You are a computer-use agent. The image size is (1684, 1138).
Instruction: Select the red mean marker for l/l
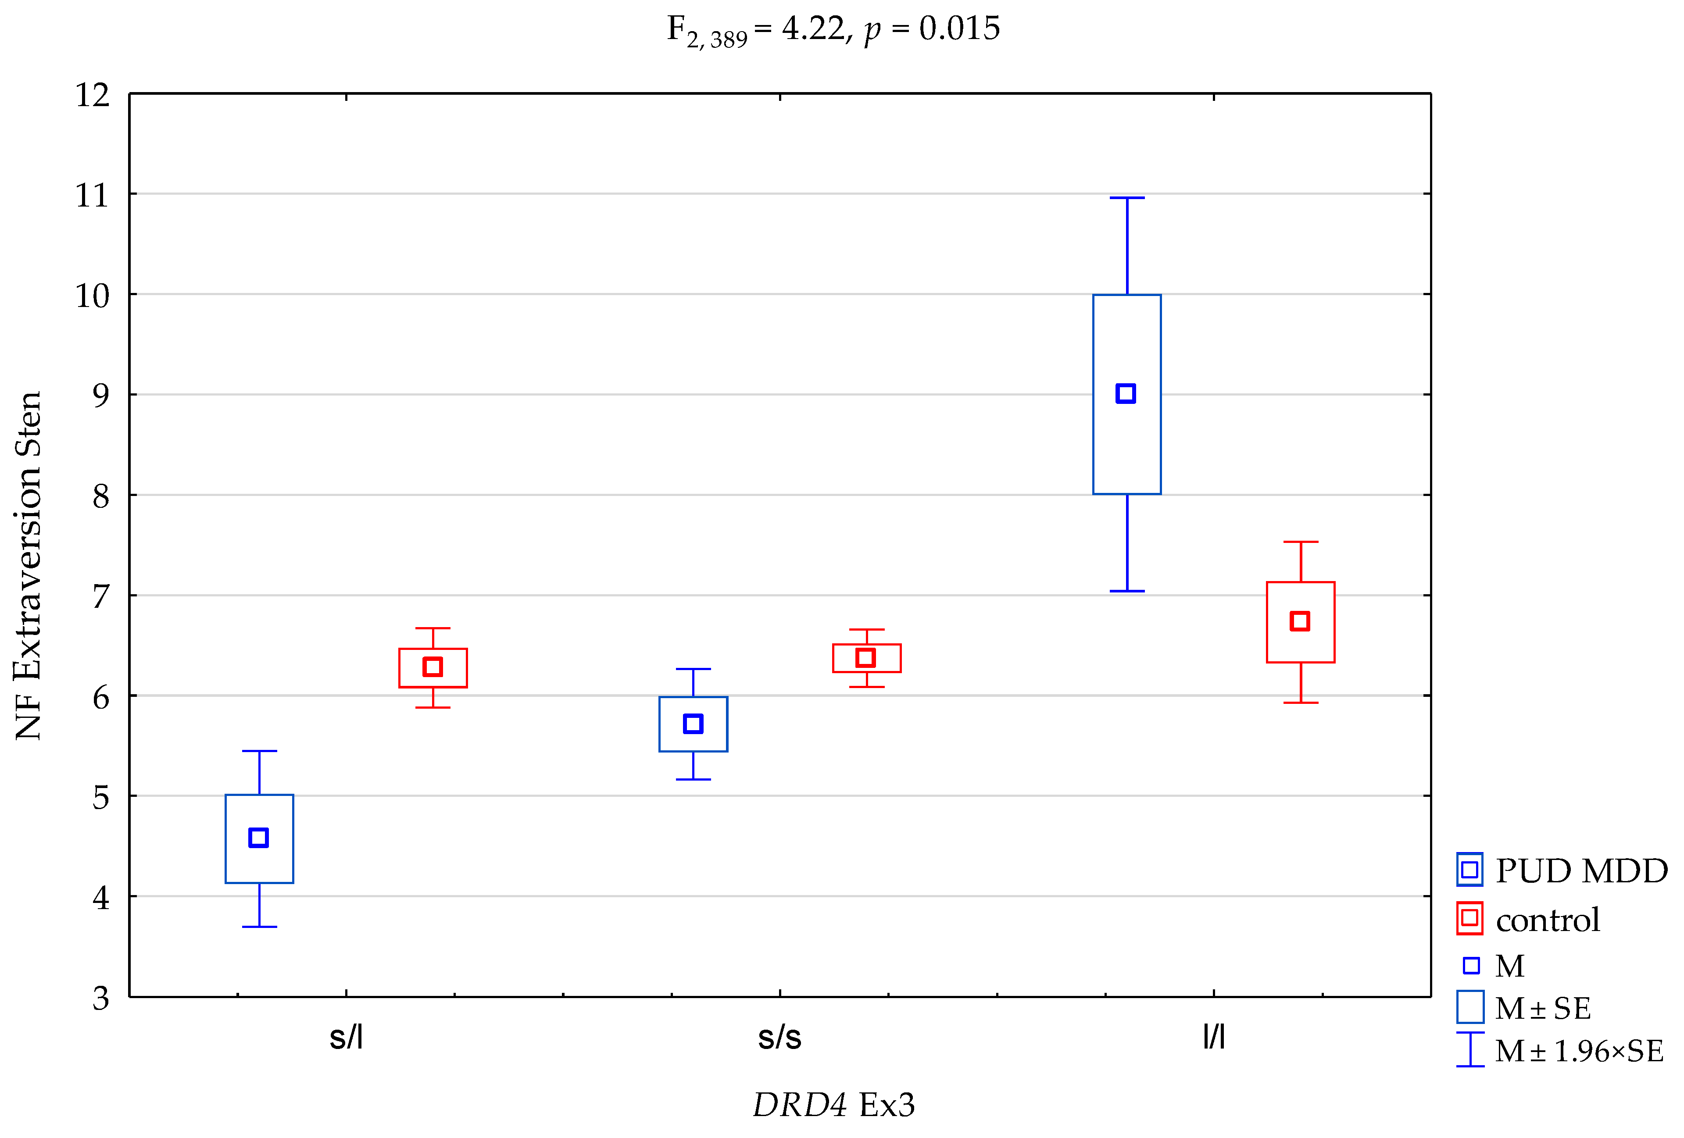pyautogui.click(x=1300, y=621)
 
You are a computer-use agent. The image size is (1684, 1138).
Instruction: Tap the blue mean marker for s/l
pyautogui.click(x=259, y=837)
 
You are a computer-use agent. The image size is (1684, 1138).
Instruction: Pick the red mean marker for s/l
pyautogui.click(x=433, y=667)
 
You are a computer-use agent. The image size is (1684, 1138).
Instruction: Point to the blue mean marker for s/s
pyautogui.click(x=693, y=724)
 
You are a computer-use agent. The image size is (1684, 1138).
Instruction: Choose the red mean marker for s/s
pyautogui.click(x=866, y=658)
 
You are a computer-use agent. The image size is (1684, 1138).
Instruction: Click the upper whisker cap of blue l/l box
pyautogui.click(x=1127, y=198)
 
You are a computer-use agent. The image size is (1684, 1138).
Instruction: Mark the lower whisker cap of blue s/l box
pyautogui.click(x=259, y=927)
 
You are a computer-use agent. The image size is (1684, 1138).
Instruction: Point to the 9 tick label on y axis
pyautogui.click(x=101, y=396)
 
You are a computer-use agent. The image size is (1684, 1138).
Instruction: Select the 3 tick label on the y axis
pyautogui.click(x=101, y=998)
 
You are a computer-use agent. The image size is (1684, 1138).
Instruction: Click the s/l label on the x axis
pyautogui.click(x=346, y=1037)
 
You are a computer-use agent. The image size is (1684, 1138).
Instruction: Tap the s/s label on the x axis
pyautogui.click(x=779, y=1037)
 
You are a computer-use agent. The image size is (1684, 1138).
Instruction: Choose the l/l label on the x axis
pyautogui.click(x=1214, y=1037)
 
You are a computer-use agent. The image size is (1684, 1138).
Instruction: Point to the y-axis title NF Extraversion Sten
pyautogui.click(x=29, y=565)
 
